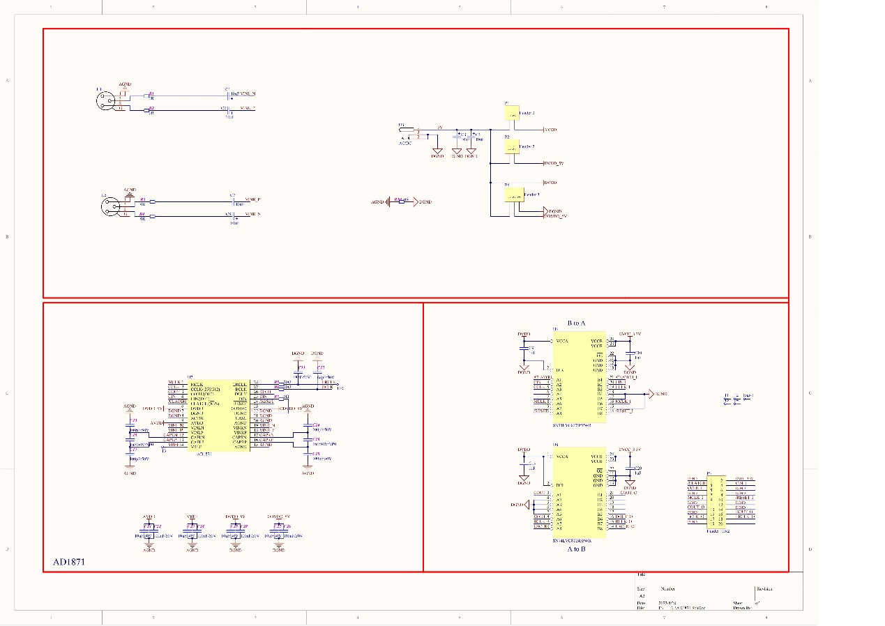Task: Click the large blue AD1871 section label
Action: click(x=70, y=561)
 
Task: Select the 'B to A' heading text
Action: click(x=576, y=323)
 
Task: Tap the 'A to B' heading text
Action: click(x=576, y=549)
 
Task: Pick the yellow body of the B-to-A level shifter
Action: click(x=578, y=379)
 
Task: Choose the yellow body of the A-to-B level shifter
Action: click(x=578, y=494)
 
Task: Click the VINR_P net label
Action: click(x=252, y=199)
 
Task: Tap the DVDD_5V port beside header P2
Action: click(x=554, y=163)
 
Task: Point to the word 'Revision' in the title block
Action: click(x=765, y=589)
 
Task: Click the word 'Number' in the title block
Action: click(x=667, y=589)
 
